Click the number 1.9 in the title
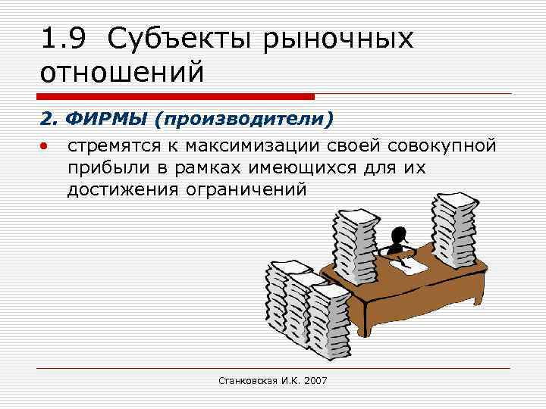click(x=66, y=39)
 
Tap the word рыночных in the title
click(x=339, y=39)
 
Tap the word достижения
click(x=121, y=190)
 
